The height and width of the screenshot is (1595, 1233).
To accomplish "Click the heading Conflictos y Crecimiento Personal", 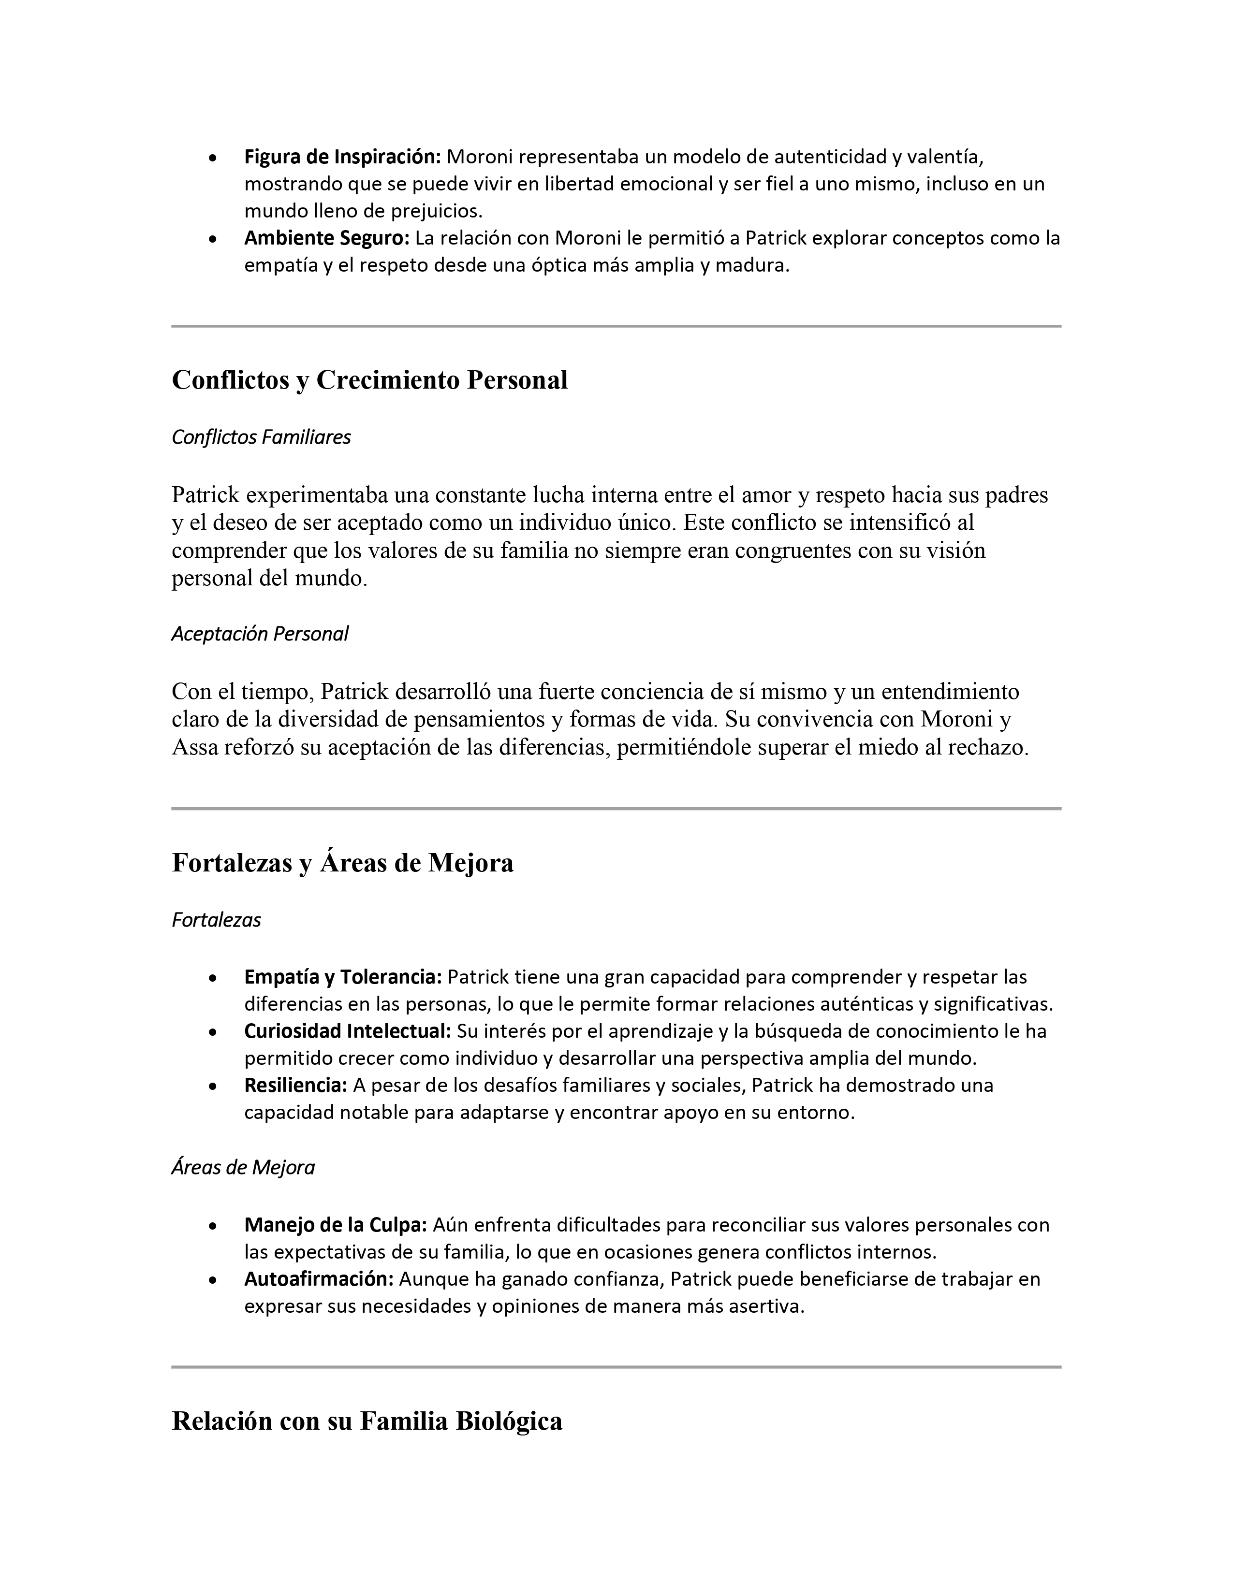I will point(369,380).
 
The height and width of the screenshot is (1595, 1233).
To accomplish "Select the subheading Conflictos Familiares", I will point(261,437).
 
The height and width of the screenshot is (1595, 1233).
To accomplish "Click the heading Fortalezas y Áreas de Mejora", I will point(343,863).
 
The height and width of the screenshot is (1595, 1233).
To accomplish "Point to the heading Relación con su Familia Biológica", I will point(367,1421).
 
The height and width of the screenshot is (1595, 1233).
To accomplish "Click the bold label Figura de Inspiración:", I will point(342,156).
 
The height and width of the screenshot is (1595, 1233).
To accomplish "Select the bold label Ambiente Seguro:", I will point(328,238).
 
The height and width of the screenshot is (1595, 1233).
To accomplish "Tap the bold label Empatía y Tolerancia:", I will point(343,976).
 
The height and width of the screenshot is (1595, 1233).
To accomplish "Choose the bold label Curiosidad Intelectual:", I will point(347,1031).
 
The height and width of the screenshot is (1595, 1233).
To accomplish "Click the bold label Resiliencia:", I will point(295,1085).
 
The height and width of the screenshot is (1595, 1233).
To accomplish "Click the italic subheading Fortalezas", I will point(216,920).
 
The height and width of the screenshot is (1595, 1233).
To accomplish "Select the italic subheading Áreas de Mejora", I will point(243,1168).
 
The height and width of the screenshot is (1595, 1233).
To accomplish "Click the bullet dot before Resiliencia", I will point(212,1087).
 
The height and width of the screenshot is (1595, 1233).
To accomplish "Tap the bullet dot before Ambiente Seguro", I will point(212,240).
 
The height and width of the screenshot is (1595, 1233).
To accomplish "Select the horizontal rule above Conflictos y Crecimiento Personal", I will point(616,326).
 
